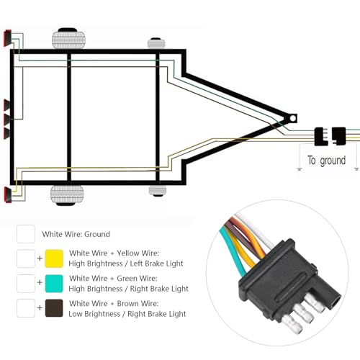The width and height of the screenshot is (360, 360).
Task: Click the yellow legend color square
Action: click(x=54, y=258)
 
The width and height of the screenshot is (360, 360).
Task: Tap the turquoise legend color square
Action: click(x=54, y=284)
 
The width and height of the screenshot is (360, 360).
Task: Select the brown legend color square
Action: click(x=54, y=308)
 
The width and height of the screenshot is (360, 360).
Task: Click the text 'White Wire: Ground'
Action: click(x=76, y=234)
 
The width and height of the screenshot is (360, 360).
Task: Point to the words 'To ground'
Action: click(x=327, y=161)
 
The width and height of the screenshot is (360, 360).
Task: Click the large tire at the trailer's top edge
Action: click(x=68, y=38)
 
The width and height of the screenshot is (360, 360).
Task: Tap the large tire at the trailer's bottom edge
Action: click(x=67, y=195)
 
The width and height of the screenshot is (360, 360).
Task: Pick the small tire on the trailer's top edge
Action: click(x=156, y=43)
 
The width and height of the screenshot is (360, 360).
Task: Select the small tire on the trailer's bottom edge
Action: click(x=158, y=191)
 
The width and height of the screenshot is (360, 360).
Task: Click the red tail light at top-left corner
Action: click(x=7, y=38)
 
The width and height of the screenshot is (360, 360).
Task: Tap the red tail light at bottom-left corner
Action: click(x=8, y=194)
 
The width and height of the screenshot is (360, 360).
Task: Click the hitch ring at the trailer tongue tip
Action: click(x=293, y=118)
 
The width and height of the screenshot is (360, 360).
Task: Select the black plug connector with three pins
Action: click(x=321, y=136)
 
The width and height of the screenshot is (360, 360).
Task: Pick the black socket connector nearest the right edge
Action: click(x=338, y=136)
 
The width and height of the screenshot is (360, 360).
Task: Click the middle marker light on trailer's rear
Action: click(x=6, y=119)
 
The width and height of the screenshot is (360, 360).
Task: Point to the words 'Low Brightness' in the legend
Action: click(x=94, y=314)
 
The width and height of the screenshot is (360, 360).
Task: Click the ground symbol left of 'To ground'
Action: click(x=300, y=169)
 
